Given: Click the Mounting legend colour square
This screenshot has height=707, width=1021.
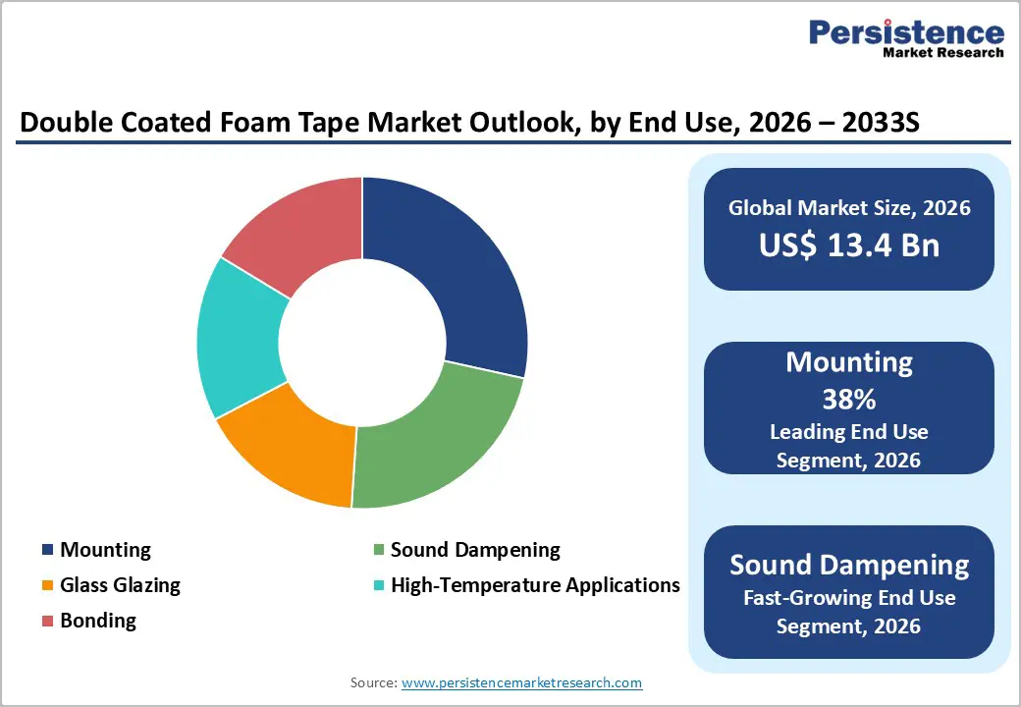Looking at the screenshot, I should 47,550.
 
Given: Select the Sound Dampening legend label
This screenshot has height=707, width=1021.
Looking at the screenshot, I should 475,550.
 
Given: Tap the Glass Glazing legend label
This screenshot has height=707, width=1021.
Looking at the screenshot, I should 120,585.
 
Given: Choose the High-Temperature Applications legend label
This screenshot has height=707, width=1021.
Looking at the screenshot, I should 535,585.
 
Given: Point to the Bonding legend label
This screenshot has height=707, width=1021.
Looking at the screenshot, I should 98,621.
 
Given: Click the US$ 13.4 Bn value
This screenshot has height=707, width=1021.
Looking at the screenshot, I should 849,245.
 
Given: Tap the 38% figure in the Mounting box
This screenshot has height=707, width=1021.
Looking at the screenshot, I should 849,400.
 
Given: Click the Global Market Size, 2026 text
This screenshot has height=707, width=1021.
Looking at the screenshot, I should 849,208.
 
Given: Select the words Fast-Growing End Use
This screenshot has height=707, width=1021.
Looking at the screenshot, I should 849,597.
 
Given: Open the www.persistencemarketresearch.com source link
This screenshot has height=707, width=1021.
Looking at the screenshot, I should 521,682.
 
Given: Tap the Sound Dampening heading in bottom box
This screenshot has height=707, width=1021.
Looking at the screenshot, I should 849,565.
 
